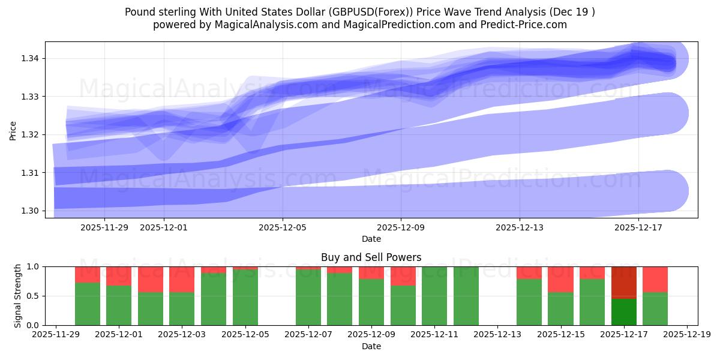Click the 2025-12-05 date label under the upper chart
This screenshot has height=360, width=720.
(283, 227)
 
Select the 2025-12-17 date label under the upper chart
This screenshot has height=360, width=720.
(638, 227)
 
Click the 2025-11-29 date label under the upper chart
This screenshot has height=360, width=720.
(104, 227)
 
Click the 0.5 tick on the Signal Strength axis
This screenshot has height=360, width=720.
(34, 296)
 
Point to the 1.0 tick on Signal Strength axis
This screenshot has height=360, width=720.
(34, 266)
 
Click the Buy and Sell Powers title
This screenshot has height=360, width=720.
(371, 257)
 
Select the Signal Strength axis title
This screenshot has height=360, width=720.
(18, 296)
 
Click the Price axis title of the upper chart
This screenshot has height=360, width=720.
(13, 130)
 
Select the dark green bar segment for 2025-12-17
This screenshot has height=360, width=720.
(623, 312)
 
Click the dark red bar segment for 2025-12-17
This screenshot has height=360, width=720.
(623, 282)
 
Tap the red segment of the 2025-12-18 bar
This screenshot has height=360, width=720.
(655, 279)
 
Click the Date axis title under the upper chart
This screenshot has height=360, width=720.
(371, 239)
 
